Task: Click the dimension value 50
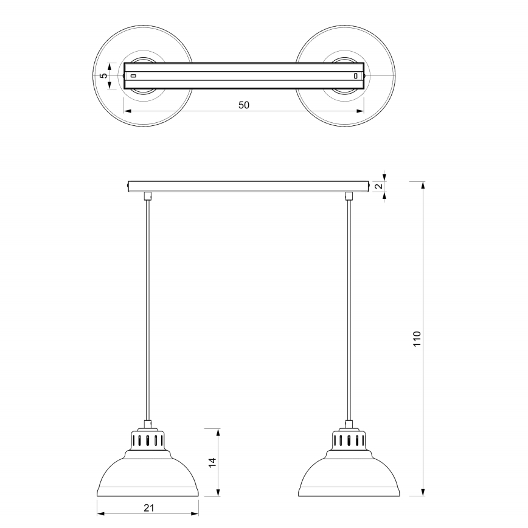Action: (243, 105)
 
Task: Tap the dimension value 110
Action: (417, 338)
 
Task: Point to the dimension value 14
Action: (211, 462)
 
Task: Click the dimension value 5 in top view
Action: (104, 76)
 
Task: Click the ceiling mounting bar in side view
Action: (248, 186)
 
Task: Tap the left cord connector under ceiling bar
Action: (147, 195)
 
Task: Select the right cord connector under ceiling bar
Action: (349, 195)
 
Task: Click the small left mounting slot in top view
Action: (134, 76)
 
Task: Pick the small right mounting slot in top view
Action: (356, 76)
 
